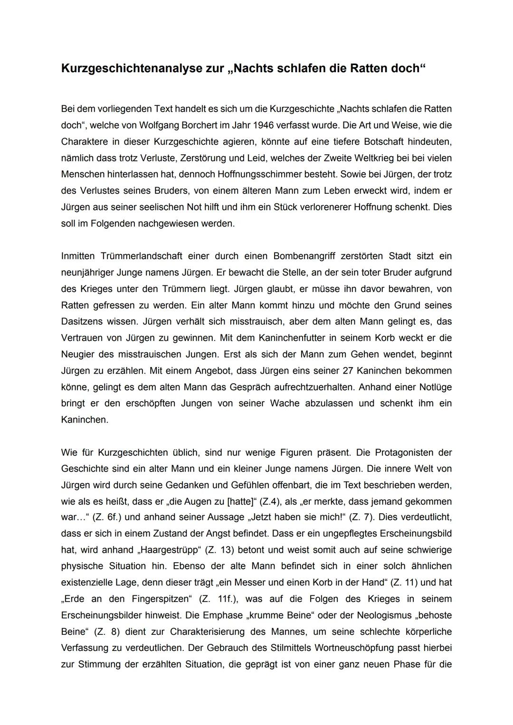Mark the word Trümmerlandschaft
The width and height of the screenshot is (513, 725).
(x=138, y=256)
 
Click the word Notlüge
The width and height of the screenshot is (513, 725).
(x=435, y=387)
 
